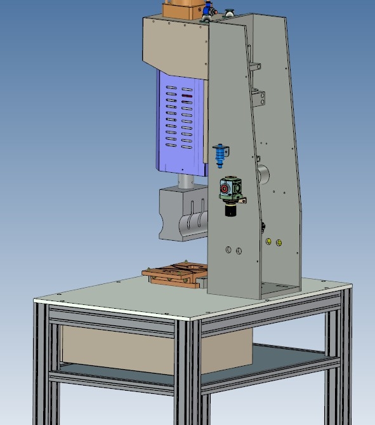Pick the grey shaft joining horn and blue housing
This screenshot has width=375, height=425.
[x=184, y=180]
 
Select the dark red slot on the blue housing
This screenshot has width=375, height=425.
[x=186, y=96]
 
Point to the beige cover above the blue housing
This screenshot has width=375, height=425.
[x=174, y=44]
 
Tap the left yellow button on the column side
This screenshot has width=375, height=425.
[x=269, y=241]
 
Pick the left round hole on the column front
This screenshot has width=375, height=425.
[x=228, y=250]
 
